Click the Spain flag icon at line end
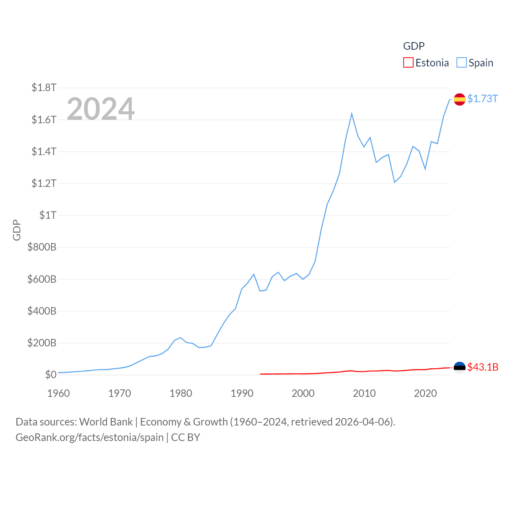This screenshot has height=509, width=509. pos(459,99)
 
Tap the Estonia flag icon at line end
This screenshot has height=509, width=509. pos(459,367)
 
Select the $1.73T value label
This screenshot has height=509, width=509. pos(482,99)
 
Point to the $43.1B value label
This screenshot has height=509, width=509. pos(483,367)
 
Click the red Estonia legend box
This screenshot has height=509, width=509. pos(408,63)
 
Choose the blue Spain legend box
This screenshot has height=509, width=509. pos(461,63)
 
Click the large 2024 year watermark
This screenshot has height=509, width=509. pos(101,109)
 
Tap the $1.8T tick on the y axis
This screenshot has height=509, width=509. pos(44,87)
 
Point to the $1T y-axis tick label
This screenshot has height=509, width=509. pos(48,215)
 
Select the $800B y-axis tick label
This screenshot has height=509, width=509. pos(42,247)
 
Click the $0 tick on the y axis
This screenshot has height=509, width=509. pos(51,375)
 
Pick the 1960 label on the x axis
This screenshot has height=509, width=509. pos(58,393)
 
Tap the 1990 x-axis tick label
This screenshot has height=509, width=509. pos(242,393)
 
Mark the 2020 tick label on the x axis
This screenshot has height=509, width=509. pos(425,393)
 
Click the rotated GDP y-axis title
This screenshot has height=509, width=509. pos(17,230)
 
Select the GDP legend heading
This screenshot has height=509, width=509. pos(414,46)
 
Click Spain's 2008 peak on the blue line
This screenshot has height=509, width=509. pos(352,114)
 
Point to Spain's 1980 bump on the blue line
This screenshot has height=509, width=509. pos(181,338)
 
